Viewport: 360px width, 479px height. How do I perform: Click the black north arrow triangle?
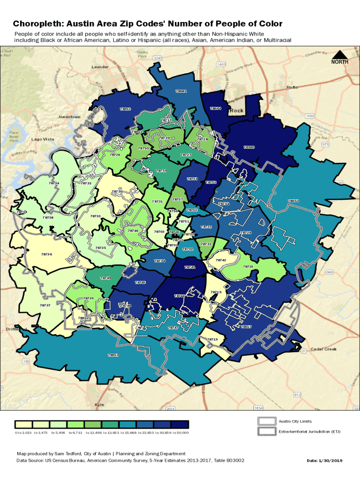coord(340,54)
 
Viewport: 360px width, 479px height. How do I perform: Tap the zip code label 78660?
coord(249,147)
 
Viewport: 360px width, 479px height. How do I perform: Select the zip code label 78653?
coord(293,201)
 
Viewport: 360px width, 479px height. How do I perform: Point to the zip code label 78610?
coord(114,355)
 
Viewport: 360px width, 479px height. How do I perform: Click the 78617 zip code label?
coord(246,327)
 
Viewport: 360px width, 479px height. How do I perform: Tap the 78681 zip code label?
coord(181,91)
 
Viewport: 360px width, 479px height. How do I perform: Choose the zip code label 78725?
coord(248,266)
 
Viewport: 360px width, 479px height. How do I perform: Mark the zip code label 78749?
coord(106,278)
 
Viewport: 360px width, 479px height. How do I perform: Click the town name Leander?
coord(100,67)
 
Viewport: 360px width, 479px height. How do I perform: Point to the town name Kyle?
coord(100,405)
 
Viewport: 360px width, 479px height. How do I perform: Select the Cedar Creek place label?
coord(324,349)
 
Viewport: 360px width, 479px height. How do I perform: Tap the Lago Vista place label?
coord(43,139)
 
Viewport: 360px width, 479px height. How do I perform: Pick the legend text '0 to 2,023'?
coord(23,433)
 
